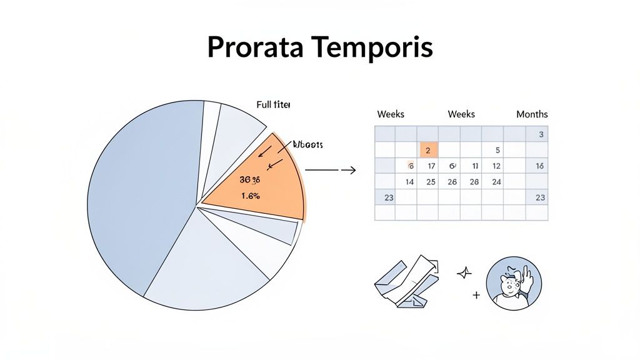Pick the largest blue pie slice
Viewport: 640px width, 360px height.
coord(141,194)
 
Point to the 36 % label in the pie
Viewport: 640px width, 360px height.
coord(249,179)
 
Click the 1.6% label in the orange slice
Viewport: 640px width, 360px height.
coord(250,196)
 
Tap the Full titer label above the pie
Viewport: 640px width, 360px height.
coord(273,105)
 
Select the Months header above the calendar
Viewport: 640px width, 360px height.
coord(532,114)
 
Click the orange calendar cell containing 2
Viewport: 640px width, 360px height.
coord(427,150)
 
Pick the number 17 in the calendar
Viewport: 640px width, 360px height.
coord(431,166)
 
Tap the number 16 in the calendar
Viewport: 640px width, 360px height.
coord(540,166)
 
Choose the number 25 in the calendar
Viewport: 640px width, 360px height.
coord(431,182)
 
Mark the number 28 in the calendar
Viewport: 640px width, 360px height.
coord(474,182)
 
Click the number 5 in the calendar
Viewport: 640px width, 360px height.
coord(497,150)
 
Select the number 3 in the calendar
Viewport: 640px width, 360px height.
coord(541,134)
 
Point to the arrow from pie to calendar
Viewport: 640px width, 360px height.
coord(331,170)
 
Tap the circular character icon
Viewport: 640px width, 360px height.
coord(514,283)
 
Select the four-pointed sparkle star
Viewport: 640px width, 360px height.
coord(465,272)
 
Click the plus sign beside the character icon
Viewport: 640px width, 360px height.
coord(476,294)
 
